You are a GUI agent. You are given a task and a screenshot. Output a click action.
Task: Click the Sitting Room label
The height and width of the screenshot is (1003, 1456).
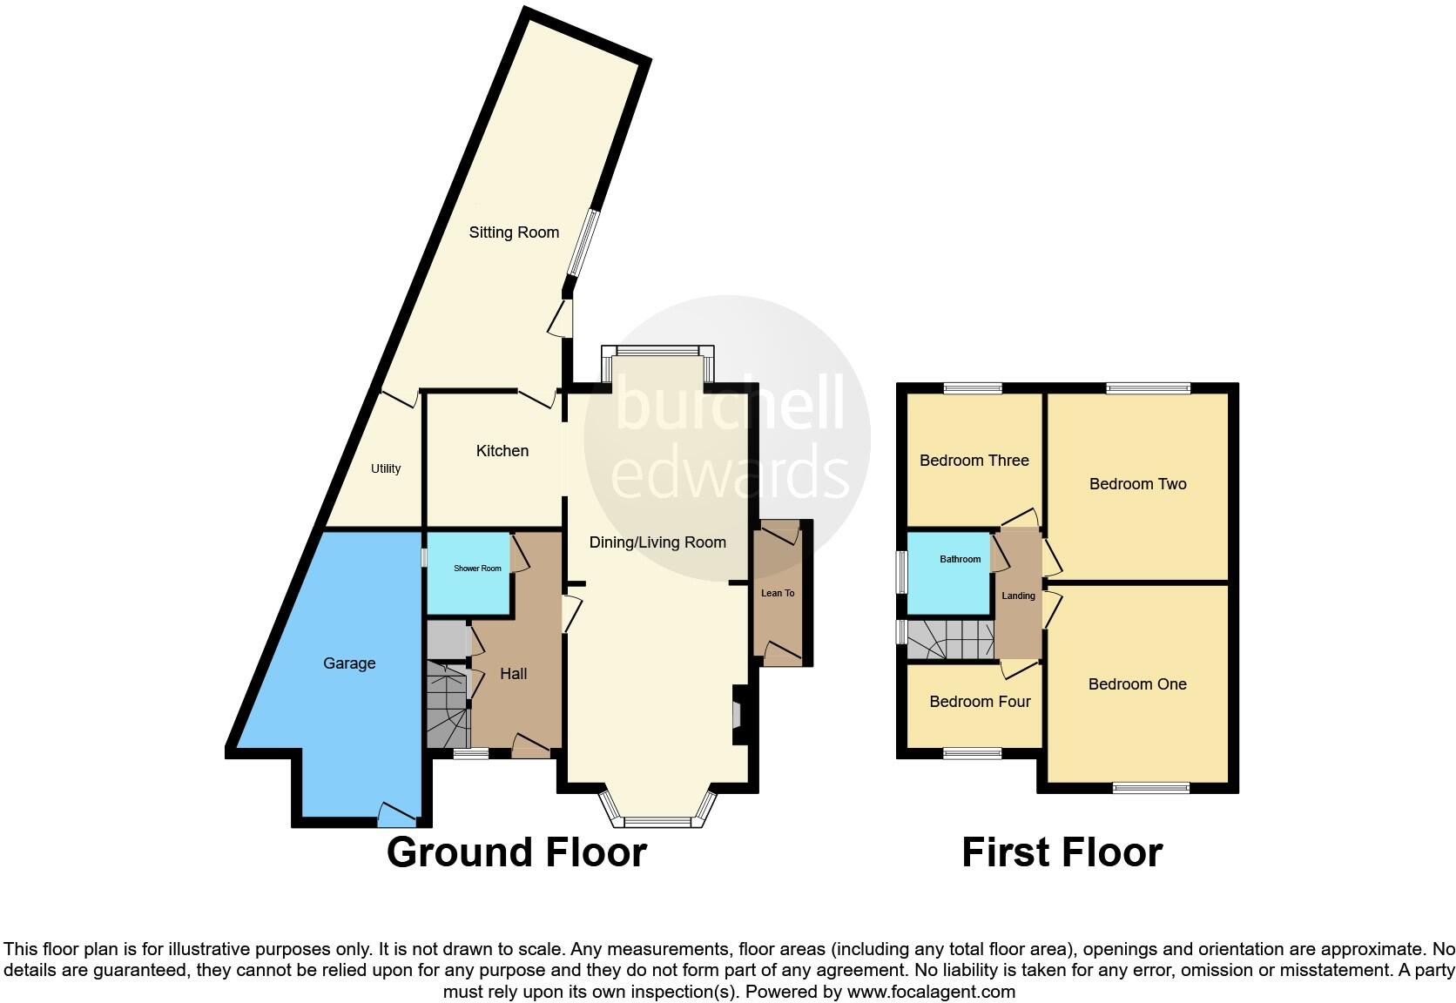pyautogui.click(x=514, y=232)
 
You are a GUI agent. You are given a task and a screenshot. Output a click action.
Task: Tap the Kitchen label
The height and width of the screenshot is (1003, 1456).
pyautogui.click(x=502, y=451)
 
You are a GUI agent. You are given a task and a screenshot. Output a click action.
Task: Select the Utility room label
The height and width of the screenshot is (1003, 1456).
pyautogui.click(x=386, y=468)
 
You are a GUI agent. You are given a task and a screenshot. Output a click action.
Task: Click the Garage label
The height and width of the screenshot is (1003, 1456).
pyautogui.click(x=349, y=663)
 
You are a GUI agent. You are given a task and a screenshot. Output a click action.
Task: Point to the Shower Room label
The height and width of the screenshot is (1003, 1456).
pyautogui.click(x=477, y=569)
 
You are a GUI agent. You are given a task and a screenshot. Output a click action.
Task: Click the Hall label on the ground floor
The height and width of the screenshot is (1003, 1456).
pyautogui.click(x=513, y=674)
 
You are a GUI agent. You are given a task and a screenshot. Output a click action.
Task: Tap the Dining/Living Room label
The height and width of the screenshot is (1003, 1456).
pyautogui.click(x=657, y=542)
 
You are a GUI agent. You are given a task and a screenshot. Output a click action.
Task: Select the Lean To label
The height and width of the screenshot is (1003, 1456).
pyautogui.click(x=778, y=593)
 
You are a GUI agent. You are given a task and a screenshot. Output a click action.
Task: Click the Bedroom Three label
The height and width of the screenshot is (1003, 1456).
pyautogui.click(x=974, y=461)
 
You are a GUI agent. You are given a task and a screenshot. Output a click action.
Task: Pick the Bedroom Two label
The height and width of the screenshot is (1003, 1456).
pyautogui.click(x=1137, y=484)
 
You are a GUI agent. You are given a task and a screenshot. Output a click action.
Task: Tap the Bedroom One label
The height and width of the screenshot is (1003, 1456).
pyautogui.click(x=1137, y=684)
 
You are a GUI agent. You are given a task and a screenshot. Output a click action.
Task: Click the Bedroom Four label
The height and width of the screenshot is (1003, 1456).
pyautogui.click(x=980, y=702)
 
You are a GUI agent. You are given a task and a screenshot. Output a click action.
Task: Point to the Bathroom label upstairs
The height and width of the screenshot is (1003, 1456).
pyautogui.click(x=960, y=559)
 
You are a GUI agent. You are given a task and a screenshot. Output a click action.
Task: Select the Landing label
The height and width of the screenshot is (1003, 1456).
pyautogui.click(x=1018, y=596)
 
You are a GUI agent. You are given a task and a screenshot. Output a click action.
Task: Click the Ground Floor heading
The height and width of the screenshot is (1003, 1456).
pyautogui.click(x=516, y=852)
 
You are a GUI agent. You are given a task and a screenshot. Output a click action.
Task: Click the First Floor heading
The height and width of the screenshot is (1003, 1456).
pyautogui.click(x=1062, y=852)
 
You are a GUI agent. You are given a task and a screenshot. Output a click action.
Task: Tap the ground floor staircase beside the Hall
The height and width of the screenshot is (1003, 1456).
pyautogui.click(x=448, y=705)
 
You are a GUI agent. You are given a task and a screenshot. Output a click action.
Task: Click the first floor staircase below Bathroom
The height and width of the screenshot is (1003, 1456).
pyautogui.click(x=950, y=640)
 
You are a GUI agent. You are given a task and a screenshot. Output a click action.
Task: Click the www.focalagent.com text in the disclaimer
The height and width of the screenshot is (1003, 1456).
pyautogui.click(x=931, y=992)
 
